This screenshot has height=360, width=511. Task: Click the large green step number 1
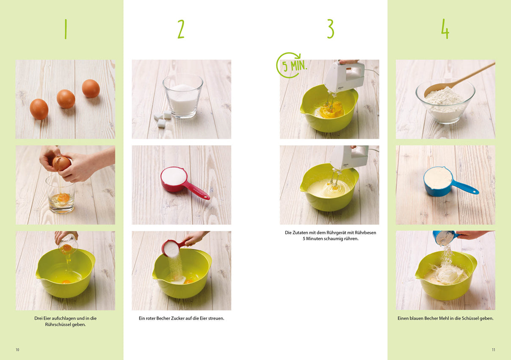66,29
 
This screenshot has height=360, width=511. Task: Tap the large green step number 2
181,29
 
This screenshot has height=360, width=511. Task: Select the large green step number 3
331,28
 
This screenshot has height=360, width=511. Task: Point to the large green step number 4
445,29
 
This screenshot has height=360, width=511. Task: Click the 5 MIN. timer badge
292,65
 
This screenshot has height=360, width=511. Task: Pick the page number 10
17,350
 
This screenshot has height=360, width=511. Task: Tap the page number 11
494,350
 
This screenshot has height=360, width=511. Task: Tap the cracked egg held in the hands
61,163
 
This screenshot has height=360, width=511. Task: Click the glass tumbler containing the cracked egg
61,194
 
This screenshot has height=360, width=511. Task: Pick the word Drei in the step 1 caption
39,318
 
